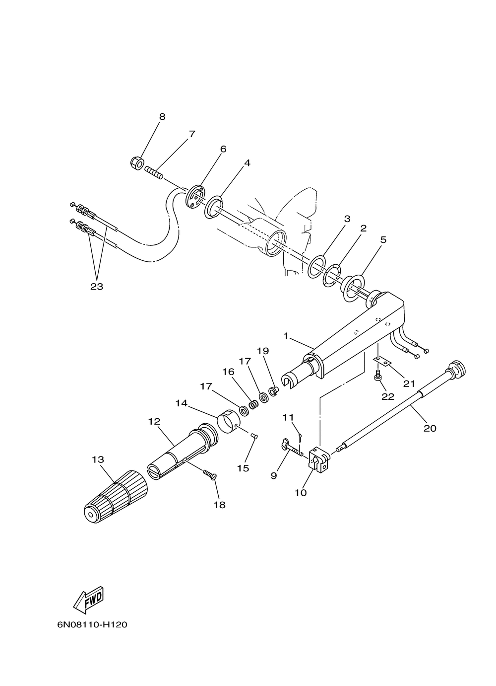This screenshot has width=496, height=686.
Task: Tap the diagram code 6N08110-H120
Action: [92, 624]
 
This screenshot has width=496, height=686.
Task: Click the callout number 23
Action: [97, 286]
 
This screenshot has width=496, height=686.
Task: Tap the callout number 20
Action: [430, 428]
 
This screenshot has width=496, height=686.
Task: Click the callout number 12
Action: [154, 421]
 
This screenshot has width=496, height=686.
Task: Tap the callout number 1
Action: [286, 336]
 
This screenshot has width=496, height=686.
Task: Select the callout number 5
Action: [383, 239]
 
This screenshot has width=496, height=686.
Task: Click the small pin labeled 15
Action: [254, 436]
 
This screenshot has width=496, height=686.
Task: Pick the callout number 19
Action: [262, 351]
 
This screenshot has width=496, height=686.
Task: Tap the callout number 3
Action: [347, 219]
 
